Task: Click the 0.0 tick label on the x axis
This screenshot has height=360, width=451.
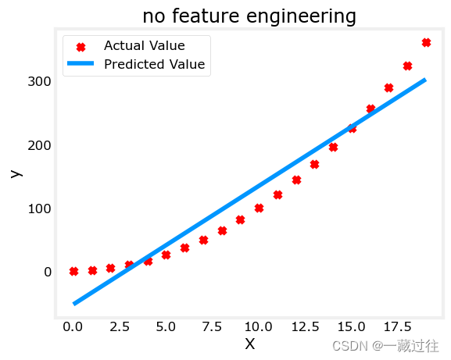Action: pyautogui.click(x=73, y=326)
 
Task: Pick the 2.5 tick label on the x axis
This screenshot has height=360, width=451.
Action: pyautogui.click(x=120, y=326)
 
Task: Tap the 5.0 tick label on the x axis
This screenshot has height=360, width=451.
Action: pyautogui.click(x=166, y=326)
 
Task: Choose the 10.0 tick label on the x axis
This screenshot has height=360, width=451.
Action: pyautogui.click(x=259, y=326)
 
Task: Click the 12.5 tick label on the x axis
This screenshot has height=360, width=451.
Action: pyautogui.click(x=305, y=326)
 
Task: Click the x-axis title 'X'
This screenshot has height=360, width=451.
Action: pyautogui.click(x=249, y=344)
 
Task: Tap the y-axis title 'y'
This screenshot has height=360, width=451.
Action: pyautogui.click(x=16, y=172)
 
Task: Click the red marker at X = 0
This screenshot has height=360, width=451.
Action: pyautogui.click(x=73, y=271)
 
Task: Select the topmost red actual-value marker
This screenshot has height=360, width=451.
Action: pyautogui.click(x=426, y=42)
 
